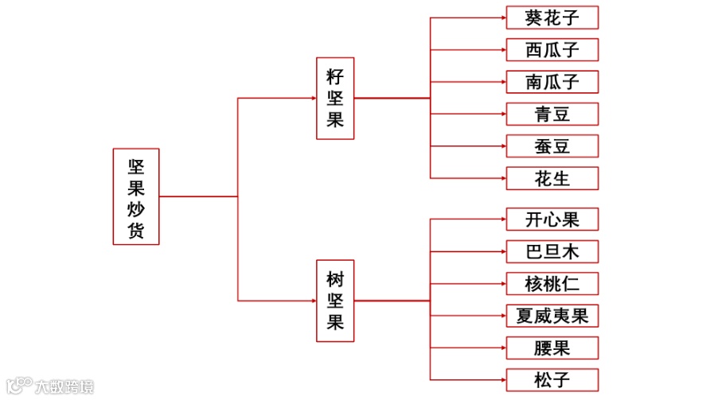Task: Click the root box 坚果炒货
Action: [x=135, y=196]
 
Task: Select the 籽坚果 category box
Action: [x=335, y=99]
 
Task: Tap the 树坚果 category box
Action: [x=335, y=301]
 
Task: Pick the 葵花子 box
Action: [x=552, y=17]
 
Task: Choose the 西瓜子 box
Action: [x=552, y=50]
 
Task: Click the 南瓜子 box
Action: [x=552, y=82]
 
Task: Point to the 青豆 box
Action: [x=552, y=114]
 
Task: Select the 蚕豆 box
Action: [x=552, y=146]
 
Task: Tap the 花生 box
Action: [x=552, y=178]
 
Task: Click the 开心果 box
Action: [x=552, y=219]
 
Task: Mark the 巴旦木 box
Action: [x=552, y=251]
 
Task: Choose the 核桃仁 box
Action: [x=552, y=284]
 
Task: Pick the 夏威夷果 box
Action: [x=552, y=316]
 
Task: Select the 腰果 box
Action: [x=552, y=348]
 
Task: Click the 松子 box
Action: [x=552, y=379]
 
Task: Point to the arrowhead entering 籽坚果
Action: [x=312, y=99]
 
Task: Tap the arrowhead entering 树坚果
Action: [x=312, y=301]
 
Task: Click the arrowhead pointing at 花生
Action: [x=502, y=178]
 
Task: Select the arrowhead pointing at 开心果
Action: [x=502, y=219]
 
